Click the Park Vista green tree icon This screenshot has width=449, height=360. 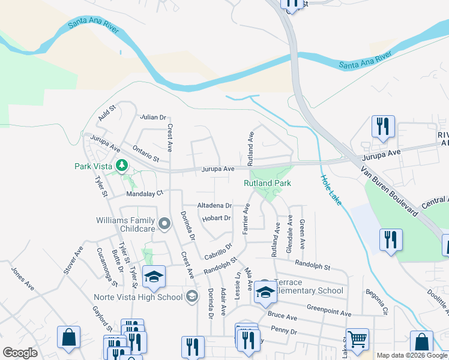[x=122, y=164]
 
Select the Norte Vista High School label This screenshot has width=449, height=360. [x=138, y=297]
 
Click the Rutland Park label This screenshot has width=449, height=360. [x=267, y=183]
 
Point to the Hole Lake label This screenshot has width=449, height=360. [x=331, y=190]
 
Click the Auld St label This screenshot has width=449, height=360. [x=107, y=112]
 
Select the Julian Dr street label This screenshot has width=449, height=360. [x=152, y=118]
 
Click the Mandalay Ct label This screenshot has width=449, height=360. [x=145, y=194]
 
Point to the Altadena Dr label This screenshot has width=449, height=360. [x=215, y=205]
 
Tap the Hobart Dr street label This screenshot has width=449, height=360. [x=217, y=218]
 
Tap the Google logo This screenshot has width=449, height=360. [x=20, y=353]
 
